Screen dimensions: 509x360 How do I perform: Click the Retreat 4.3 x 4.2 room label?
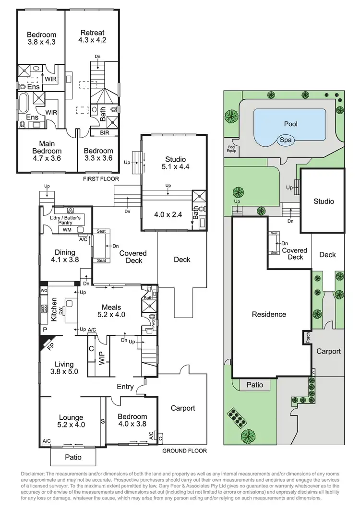(x=92, y=36)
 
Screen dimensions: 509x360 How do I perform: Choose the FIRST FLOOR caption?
(x=101, y=178)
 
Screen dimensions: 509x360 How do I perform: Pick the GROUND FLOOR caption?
(x=184, y=451)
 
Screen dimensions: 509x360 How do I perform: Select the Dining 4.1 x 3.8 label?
(x=65, y=256)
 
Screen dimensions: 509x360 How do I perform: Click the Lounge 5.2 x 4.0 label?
(x=71, y=421)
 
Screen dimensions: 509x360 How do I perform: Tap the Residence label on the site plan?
(x=269, y=314)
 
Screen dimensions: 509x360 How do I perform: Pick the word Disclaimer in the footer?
(x=36, y=474)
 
